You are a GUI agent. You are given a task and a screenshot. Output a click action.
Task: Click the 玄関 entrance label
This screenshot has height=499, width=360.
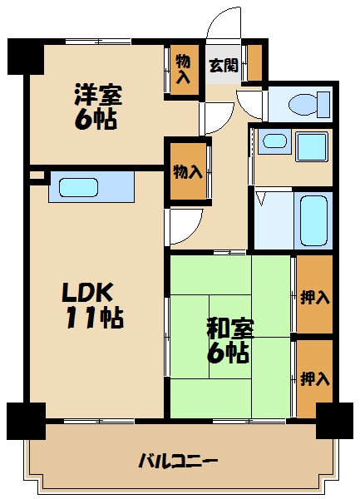click(224, 66)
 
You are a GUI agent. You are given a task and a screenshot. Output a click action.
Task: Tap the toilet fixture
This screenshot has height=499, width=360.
click(309, 104)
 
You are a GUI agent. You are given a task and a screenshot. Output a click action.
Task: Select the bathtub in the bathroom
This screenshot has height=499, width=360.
click(313, 220)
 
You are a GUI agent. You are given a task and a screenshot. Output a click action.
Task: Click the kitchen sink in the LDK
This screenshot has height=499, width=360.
click(78, 187)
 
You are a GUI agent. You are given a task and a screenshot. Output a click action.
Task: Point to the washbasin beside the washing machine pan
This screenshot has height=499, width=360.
click(275, 141)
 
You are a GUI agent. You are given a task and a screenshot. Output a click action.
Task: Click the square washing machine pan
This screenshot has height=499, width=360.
click(312, 146)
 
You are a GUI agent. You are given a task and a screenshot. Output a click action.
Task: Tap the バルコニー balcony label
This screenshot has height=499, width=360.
click(178, 461)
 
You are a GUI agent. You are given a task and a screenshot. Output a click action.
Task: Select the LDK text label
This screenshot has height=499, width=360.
click(87, 293)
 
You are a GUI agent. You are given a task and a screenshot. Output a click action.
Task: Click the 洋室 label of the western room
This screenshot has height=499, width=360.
click(98, 95)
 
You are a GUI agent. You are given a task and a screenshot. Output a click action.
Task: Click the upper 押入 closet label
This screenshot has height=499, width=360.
click(314, 298)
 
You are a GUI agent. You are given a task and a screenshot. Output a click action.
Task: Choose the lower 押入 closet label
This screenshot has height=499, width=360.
click(314, 378)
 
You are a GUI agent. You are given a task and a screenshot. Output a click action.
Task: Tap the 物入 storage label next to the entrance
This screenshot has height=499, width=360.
click(184, 69)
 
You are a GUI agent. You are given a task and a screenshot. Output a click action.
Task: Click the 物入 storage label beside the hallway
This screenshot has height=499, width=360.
click(188, 172)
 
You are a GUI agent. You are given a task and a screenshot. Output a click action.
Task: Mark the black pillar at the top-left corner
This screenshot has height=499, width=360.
click(26, 57)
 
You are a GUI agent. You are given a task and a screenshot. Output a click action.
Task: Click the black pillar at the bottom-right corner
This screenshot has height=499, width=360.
click(334, 421)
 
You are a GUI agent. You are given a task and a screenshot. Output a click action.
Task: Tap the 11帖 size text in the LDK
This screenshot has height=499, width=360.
click(95, 319)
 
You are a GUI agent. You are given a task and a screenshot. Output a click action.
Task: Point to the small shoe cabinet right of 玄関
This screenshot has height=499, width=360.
click(254, 62)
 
